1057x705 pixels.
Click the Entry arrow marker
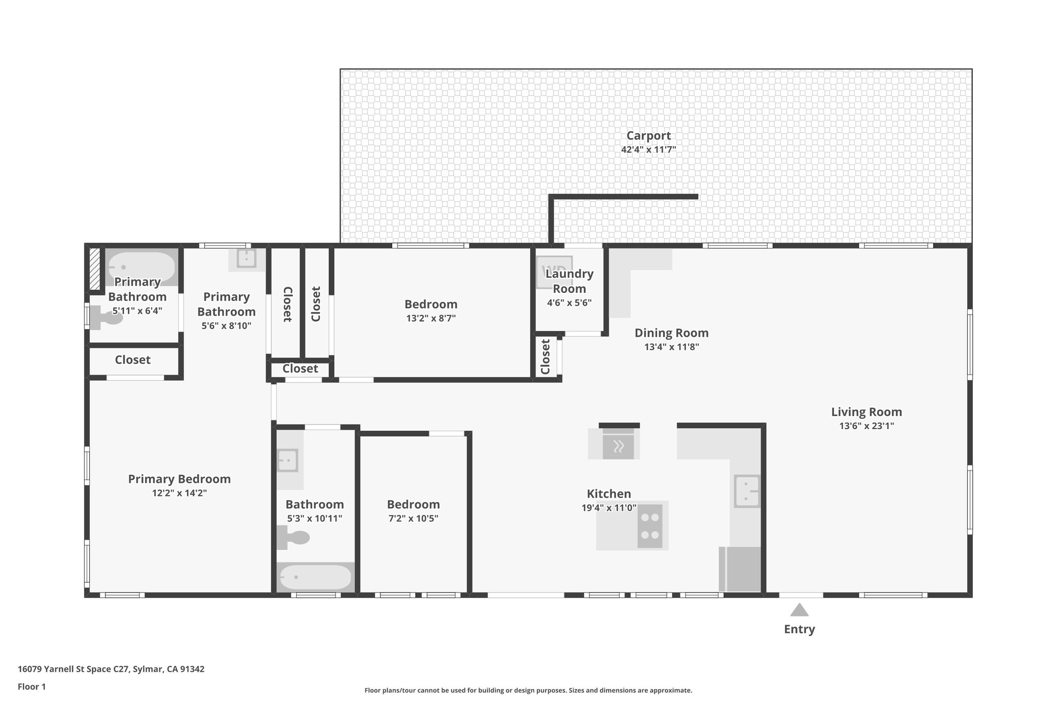tap(799, 610)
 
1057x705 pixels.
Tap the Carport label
tap(648, 136)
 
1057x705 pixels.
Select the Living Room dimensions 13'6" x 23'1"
tap(866, 426)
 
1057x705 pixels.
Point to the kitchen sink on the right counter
tap(747, 491)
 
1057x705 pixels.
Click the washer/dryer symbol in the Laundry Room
tap(554, 272)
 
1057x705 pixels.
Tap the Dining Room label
tap(671, 333)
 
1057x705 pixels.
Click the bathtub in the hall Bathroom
tap(315, 577)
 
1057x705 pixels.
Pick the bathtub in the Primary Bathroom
tap(141, 267)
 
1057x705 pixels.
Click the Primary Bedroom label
tap(179, 479)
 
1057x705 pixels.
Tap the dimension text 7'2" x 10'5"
tap(413, 519)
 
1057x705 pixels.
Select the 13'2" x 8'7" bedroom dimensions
tap(430, 319)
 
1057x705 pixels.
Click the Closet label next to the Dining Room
tap(545, 357)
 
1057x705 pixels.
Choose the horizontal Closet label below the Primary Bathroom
tap(133, 360)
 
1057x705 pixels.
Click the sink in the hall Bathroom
tap(287, 460)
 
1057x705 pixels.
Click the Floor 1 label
tap(31, 687)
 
